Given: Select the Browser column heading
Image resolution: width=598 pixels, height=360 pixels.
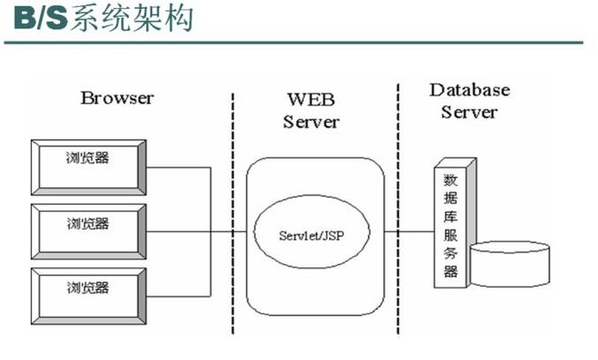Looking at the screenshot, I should click(118, 97).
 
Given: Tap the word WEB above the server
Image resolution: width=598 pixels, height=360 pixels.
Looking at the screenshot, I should click(310, 98).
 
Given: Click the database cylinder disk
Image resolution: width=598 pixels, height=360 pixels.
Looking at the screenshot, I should click(510, 265).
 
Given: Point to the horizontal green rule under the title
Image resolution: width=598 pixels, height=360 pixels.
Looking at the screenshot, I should click(298, 41).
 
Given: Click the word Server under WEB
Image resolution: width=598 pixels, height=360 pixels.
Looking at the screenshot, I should click(310, 122).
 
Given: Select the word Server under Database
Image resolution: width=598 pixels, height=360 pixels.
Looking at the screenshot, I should click(469, 112).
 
